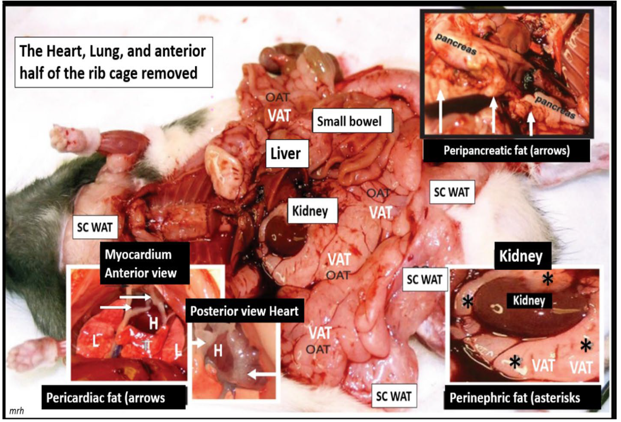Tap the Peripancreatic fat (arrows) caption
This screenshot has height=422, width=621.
(x=506, y=151)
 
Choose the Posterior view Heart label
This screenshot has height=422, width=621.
(x=244, y=311)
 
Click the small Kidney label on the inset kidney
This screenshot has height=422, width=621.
(x=529, y=301)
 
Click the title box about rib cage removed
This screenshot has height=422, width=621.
(x=114, y=62)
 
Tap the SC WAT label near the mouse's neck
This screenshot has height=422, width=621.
(x=95, y=227)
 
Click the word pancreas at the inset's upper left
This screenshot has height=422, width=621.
(x=456, y=44)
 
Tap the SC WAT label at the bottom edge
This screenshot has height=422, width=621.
(x=394, y=396)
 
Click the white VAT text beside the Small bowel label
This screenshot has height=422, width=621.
(x=280, y=116)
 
